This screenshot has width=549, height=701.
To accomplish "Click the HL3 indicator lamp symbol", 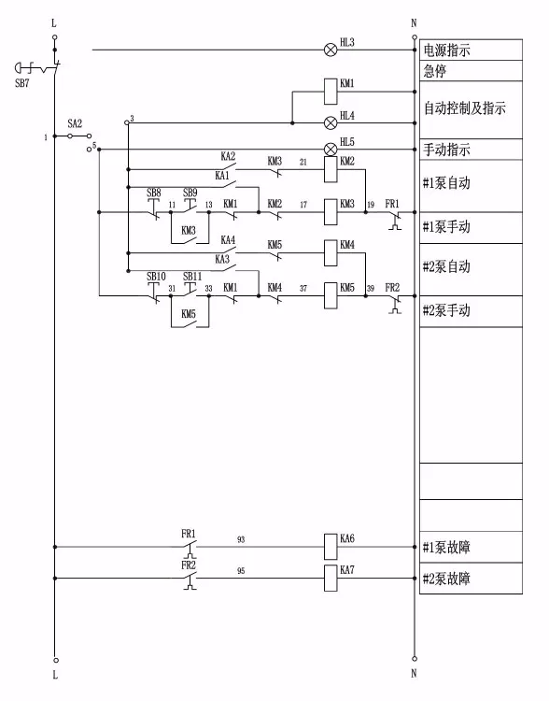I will [330, 50].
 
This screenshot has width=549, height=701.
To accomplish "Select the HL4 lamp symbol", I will [330, 122].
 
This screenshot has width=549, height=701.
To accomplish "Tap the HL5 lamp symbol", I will [330, 149].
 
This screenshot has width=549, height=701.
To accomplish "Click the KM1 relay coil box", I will [330, 92].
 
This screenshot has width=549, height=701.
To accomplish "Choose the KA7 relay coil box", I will [330, 577].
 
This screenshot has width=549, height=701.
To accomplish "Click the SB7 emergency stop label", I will [22, 82].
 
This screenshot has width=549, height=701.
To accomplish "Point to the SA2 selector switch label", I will [76, 123].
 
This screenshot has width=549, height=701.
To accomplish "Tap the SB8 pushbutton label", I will [154, 193].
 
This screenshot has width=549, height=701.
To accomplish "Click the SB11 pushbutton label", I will [191, 277].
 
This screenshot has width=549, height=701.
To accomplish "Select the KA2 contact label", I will [228, 155].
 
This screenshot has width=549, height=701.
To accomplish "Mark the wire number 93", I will [242, 538].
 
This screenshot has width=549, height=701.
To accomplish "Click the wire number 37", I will [303, 289].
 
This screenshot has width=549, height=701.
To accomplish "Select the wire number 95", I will [242, 570].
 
